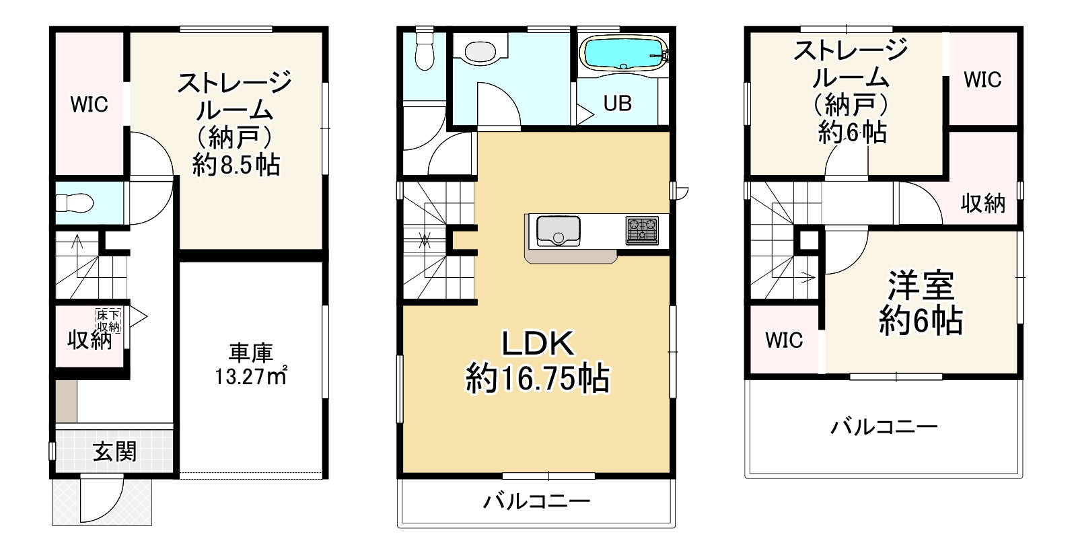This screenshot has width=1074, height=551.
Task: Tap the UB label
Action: [x=616, y=104]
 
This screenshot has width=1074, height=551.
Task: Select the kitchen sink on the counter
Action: [x=558, y=231]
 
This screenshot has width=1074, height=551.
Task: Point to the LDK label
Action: [x=537, y=344]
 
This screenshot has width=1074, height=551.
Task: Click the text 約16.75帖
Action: [x=538, y=379]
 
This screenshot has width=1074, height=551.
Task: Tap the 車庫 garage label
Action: [x=250, y=352]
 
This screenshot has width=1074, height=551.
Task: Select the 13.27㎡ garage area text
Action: [x=251, y=375]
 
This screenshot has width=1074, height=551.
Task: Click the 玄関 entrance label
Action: [x=114, y=451]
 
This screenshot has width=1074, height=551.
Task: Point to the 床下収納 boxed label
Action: [x=108, y=320]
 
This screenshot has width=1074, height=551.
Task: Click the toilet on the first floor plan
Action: [x=69, y=203]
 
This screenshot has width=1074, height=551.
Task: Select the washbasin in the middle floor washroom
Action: [x=479, y=51]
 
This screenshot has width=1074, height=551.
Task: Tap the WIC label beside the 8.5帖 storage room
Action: [x=89, y=105]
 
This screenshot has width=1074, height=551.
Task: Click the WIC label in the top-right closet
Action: [x=982, y=80]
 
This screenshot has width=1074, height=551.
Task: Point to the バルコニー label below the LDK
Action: [x=537, y=501]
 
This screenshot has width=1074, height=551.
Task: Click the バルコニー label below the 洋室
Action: [x=883, y=427]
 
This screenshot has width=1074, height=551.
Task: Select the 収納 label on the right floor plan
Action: [x=982, y=203]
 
